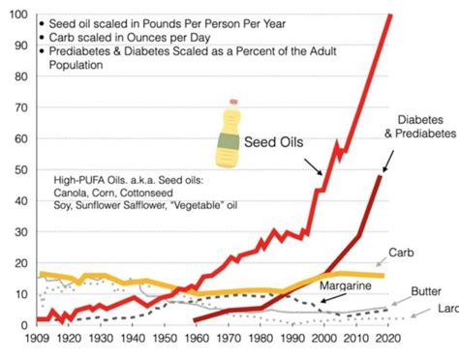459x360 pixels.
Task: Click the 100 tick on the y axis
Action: pyautogui.click(x=16, y=16)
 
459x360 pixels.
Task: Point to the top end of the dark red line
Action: pyautogui.click(x=381, y=176)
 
